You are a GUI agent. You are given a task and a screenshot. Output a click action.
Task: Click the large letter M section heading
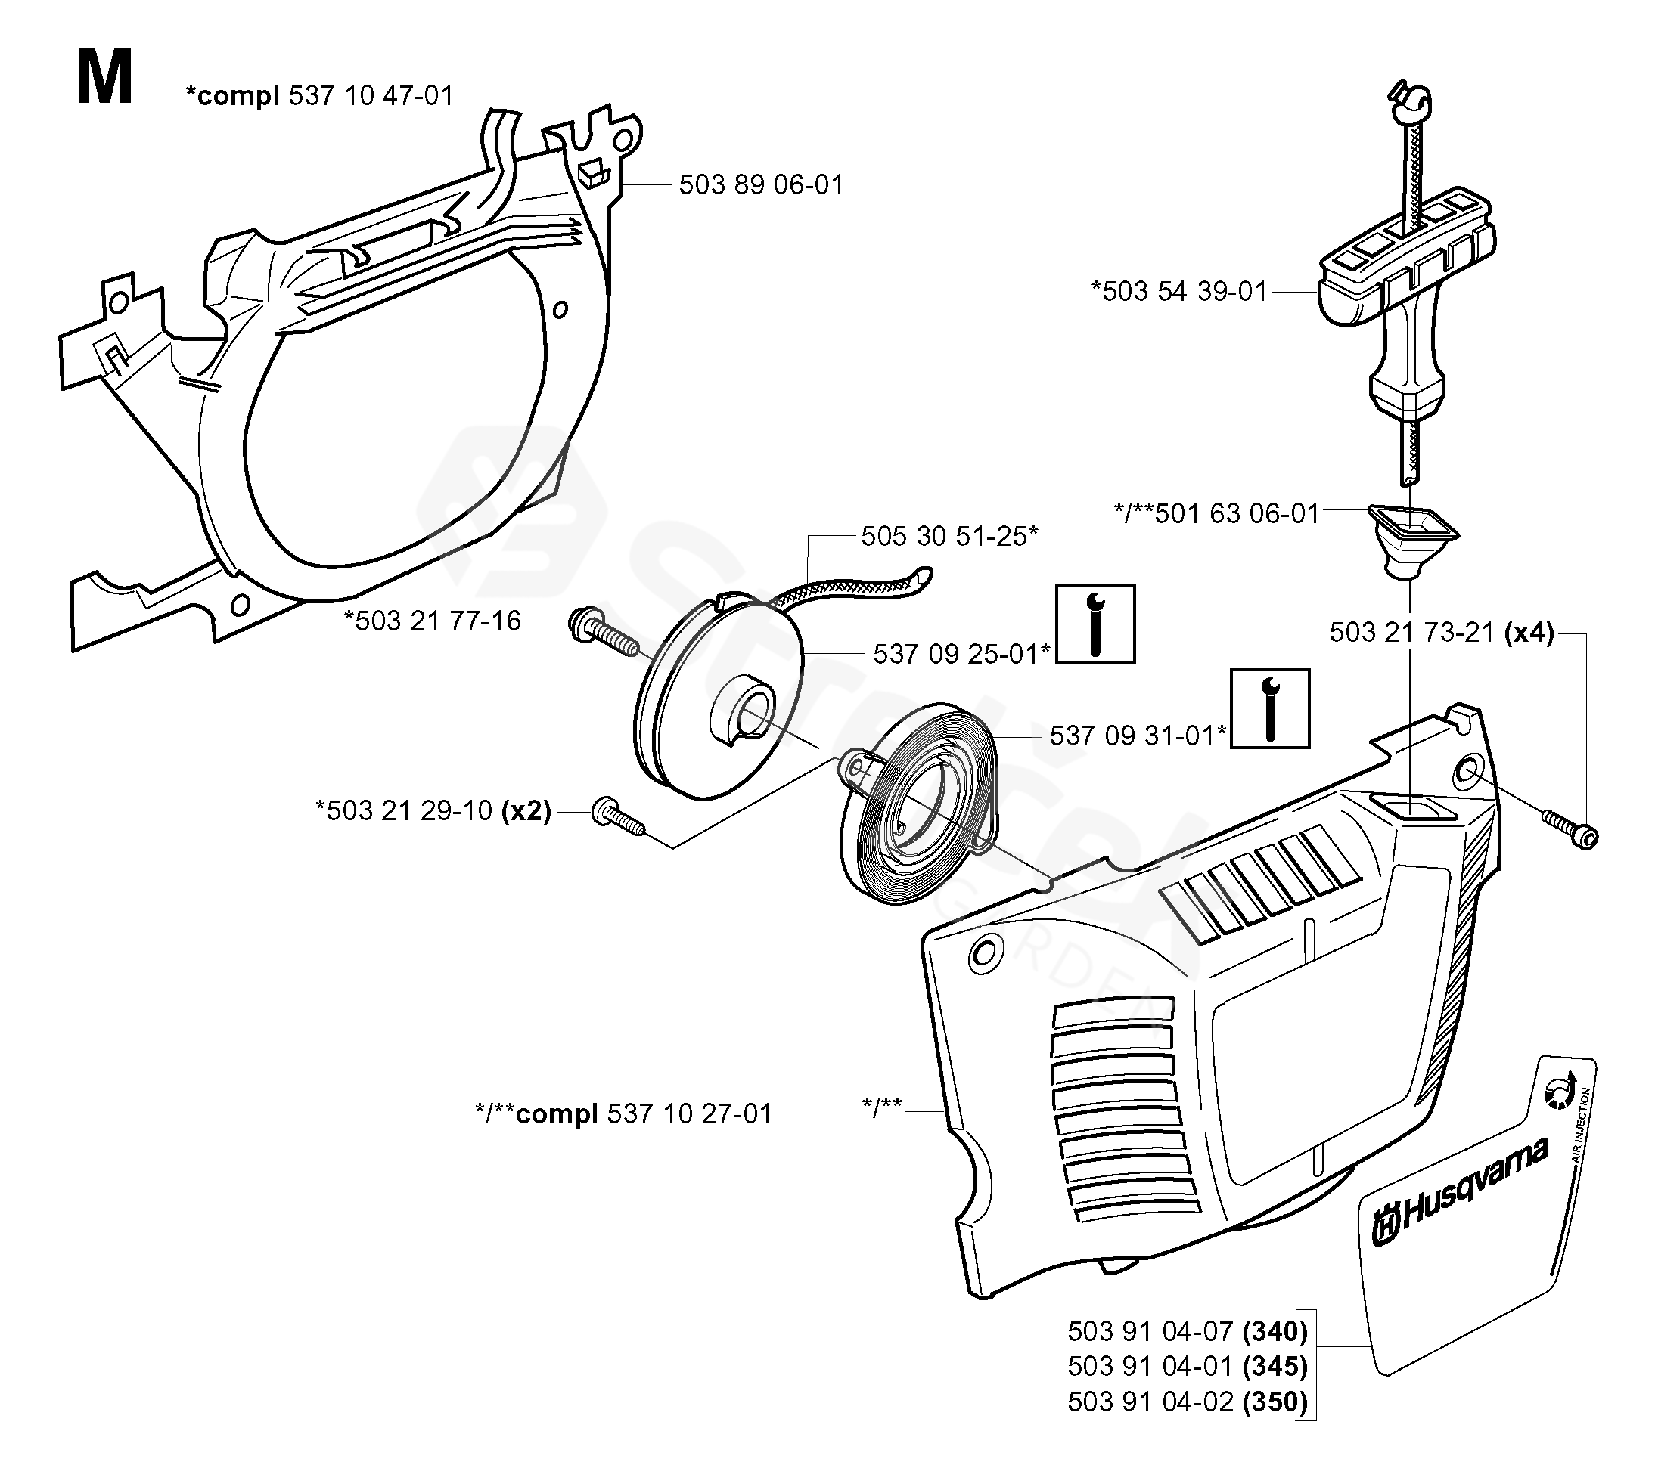click(x=104, y=79)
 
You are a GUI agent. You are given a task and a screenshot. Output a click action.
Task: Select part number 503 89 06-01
click(x=760, y=185)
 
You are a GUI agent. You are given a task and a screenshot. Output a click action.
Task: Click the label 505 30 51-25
click(x=949, y=536)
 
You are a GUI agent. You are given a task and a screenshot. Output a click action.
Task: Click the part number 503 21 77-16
click(x=433, y=621)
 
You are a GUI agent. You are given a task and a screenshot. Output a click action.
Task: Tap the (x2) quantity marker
click(x=526, y=810)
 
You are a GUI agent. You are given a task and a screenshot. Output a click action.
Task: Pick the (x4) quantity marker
click(x=1529, y=632)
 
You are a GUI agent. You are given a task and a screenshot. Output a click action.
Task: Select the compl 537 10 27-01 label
click(x=623, y=1113)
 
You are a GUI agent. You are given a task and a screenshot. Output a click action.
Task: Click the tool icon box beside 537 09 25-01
click(x=1095, y=624)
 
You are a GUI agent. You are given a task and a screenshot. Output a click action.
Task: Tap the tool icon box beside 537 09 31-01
click(x=1269, y=708)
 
